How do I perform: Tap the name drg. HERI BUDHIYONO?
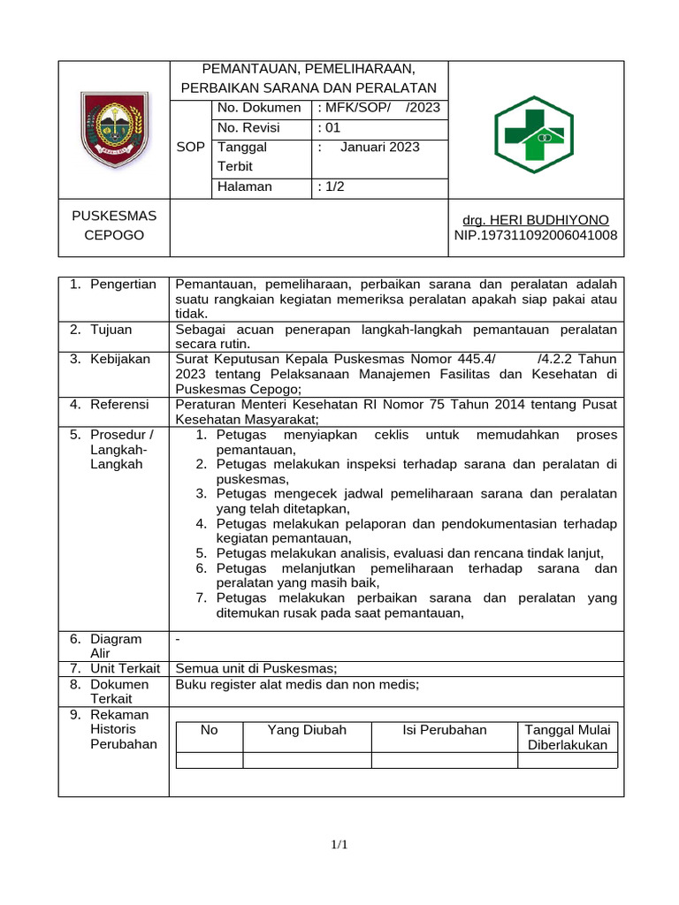[x=537, y=219]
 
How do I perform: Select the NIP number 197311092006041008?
[x=536, y=235]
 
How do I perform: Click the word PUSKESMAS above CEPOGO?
[x=113, y=216]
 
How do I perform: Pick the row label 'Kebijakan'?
[x=119, y=360]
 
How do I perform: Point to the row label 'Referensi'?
[x=119, y=405]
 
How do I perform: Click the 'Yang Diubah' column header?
[x=307, y=730]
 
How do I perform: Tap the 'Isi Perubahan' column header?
[x=444, y=730]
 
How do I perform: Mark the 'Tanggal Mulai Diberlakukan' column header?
[x=567, y=737]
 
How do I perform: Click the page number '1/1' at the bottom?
[x=339, y=846]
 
